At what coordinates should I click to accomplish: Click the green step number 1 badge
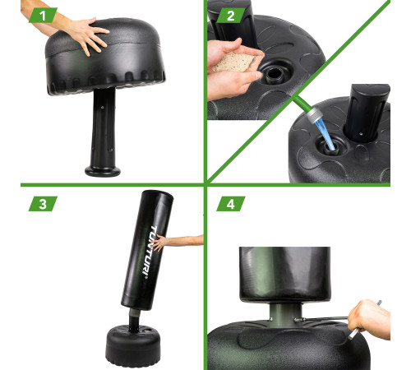pos(43,16)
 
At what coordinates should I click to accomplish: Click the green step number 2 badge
pos(231,16)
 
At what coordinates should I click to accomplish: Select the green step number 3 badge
pos(43,204)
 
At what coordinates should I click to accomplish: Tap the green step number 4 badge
pos(231,204)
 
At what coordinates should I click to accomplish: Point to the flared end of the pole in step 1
pos(103,171)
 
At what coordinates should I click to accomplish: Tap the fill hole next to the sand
pos(274,73)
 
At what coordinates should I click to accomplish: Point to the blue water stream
pos(326,134)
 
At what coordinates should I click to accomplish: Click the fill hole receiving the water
pos(330,146)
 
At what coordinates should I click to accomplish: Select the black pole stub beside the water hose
pos(366,113)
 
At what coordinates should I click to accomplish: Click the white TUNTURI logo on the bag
pos(150,251)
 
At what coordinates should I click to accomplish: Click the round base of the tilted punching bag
pos(133,346)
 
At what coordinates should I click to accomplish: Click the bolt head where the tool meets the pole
pos(298,319)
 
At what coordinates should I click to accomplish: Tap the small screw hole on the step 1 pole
pos(102,108)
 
